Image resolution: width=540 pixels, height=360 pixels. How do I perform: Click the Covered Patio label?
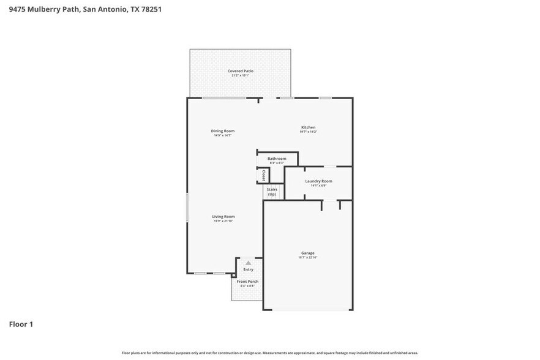[x=241, y=71]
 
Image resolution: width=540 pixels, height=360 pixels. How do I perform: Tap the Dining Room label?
[x=223, y=130]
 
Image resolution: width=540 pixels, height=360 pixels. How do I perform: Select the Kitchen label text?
[x=308, y=127]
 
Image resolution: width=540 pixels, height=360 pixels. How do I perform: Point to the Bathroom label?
[x=277, y=159]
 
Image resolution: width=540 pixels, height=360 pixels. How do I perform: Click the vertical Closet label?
[x=263, y=176]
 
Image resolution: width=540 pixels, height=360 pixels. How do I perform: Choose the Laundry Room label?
[x=318, y=181]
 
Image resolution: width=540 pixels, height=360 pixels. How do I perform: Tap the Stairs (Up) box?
[x=272, y=192]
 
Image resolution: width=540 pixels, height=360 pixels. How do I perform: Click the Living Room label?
[x=223, y=216]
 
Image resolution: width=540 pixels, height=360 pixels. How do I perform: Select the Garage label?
[x=307, y=253]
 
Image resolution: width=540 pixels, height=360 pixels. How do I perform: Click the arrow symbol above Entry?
[x=248, y=262]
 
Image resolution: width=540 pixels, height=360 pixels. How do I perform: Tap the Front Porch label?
[x=248, y=282]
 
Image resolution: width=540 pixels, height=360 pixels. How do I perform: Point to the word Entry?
[x=248, y=269]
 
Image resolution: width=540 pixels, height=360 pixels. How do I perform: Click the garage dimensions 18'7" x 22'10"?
[x=307, y=258]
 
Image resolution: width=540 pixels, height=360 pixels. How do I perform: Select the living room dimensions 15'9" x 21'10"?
[x=223, y=221]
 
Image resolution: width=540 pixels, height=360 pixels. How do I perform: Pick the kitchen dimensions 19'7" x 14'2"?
[x=308, y=132]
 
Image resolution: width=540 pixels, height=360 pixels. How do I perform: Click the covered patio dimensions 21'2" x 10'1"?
[x=241, y=75]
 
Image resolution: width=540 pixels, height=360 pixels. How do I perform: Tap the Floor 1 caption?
[x=21, y=324]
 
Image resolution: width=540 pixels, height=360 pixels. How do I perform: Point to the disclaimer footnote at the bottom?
[x=270, y=353]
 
